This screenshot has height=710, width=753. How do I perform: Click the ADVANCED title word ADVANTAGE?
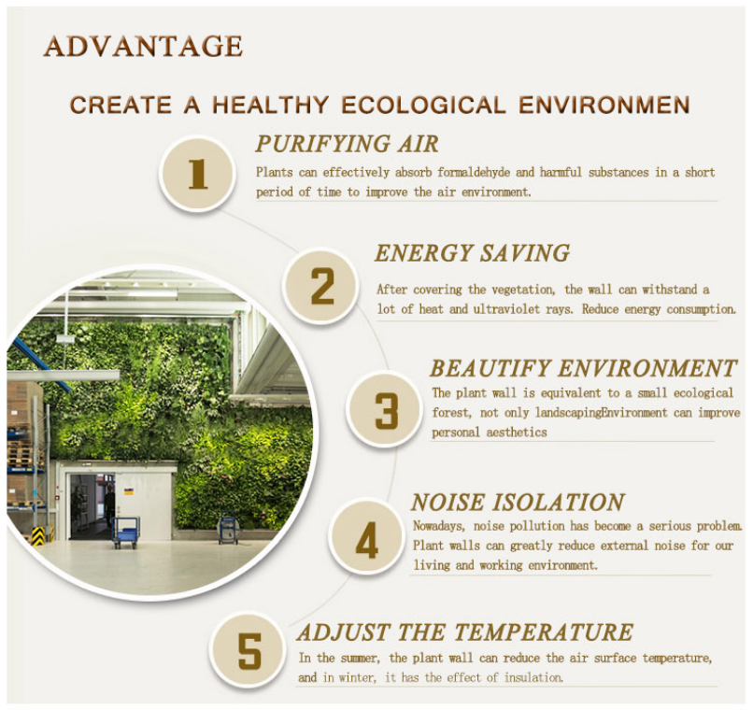coord(143,46)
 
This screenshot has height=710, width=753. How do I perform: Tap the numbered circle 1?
coord(197,174)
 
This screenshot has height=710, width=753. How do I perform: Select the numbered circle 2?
coord(320,286)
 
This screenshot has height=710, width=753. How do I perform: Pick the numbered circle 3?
coord(384,409)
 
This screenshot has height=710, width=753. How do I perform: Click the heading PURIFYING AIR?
coord(348,144)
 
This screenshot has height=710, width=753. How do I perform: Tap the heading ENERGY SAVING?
coord(472,253)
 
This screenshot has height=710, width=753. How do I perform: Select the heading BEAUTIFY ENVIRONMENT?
coord(583,368)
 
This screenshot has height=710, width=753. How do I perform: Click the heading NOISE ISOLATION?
coord(518,502)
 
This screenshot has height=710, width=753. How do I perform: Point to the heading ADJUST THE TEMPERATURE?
coord(465,632)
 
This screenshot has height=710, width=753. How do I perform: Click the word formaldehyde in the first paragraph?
coord(474,172)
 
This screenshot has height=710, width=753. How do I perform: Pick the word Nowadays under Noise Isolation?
coord(439,526)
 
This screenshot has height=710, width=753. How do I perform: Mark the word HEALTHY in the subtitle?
coord(270,106)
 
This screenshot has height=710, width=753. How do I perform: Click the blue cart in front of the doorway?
coord(126,532)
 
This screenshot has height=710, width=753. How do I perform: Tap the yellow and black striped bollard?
coord(38,535)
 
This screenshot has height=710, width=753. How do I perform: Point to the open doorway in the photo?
coord(92,505)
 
